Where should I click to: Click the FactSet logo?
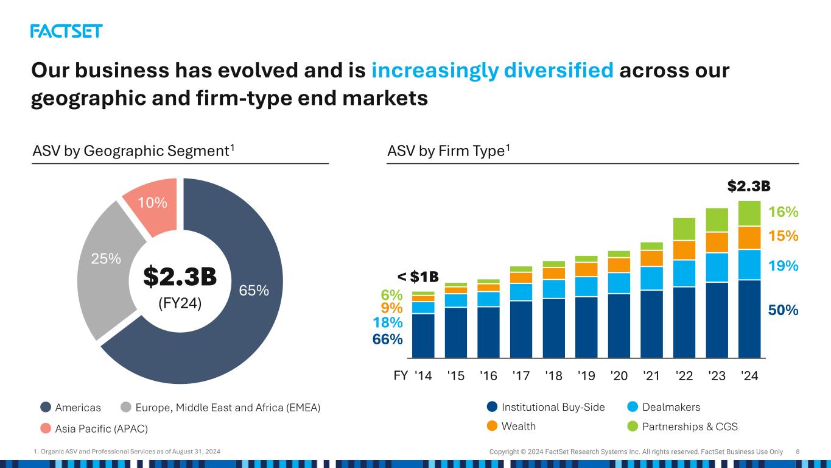[x=66, y=31]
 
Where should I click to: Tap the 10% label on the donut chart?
[x=152, y=202]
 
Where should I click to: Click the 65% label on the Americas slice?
[x=254, y=291]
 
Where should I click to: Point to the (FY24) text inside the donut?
[x=180, y=302]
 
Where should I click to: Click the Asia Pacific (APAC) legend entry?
[x=94, y=428]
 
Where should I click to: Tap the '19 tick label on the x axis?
[x=586, y=375]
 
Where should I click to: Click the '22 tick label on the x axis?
[x=684, y=375]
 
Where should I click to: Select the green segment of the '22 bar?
[x=684, y=229]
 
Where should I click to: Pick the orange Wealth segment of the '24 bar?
[x=749, y=238]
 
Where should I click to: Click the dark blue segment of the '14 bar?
[x=423, y=335]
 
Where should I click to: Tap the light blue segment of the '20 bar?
[x=619, y=283]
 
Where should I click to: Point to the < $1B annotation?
[x=418, y=277]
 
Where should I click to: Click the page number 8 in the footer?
[x=798, y=452]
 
